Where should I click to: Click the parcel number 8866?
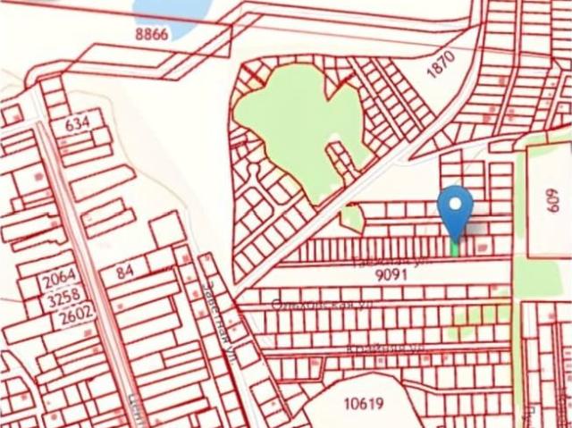pos(151,33)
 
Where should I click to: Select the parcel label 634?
pos(78,124)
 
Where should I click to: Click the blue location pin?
pos(456,210)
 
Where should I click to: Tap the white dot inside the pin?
pos(456,203)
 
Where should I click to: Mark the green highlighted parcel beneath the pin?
pos(456,248)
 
